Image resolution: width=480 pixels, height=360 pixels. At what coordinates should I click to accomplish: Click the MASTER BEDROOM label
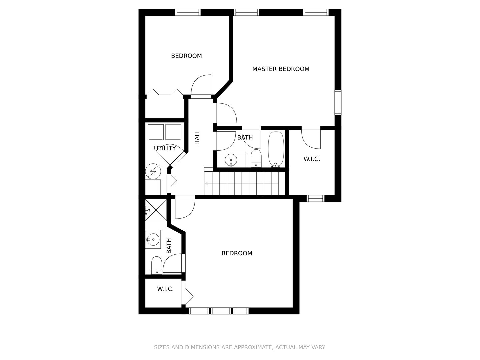point(281,69)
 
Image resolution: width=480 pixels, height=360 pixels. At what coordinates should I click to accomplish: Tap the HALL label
point(197,137)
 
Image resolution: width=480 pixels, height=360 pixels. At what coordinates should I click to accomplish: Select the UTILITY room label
point(165,148)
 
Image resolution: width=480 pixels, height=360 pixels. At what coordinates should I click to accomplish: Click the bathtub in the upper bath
point(276,149)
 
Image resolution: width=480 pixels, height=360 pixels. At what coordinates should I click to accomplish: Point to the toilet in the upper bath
point(256,158)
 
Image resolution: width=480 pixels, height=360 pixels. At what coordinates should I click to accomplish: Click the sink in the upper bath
point(231,160)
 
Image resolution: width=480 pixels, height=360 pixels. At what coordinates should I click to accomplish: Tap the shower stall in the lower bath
point(156,210)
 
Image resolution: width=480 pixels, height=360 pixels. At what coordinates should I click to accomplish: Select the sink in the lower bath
point(153,239)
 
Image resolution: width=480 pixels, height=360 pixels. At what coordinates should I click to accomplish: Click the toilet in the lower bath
point(156,265)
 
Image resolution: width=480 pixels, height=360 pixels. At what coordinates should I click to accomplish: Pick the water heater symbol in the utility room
point(153,172)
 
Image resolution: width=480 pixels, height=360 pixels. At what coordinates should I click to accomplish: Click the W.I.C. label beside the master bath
point(312,159)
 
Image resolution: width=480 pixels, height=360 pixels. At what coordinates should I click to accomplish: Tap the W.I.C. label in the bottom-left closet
point(165,289)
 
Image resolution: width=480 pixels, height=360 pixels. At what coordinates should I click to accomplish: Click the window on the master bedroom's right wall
point(338,102)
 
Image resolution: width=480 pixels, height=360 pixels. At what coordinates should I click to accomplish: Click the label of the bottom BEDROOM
point(237,253)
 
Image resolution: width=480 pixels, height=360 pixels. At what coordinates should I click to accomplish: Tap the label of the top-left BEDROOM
point(186,56)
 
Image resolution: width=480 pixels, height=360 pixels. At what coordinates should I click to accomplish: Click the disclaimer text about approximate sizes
point(240,347)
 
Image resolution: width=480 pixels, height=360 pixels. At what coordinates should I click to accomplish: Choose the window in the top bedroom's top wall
point(188,12)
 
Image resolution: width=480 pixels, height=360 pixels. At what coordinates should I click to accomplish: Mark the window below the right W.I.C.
point(315,199)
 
